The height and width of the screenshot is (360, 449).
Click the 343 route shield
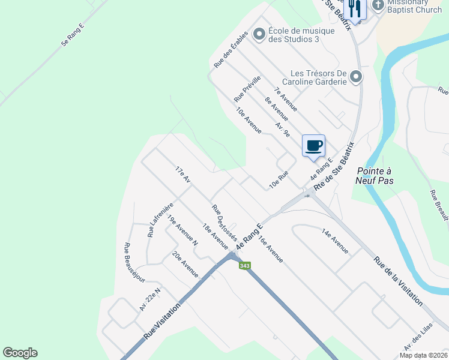(244, 266)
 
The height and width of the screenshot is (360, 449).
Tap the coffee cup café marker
(313, 145)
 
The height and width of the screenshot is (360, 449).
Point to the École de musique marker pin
(259, 34)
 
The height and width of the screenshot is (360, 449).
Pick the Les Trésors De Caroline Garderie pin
(356, 77)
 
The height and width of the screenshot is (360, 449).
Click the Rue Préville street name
(247, 88)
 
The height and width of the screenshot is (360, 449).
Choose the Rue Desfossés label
(224, 222)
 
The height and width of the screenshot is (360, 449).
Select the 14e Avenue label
(335, 240)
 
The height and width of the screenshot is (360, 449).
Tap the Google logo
(20, 353)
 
